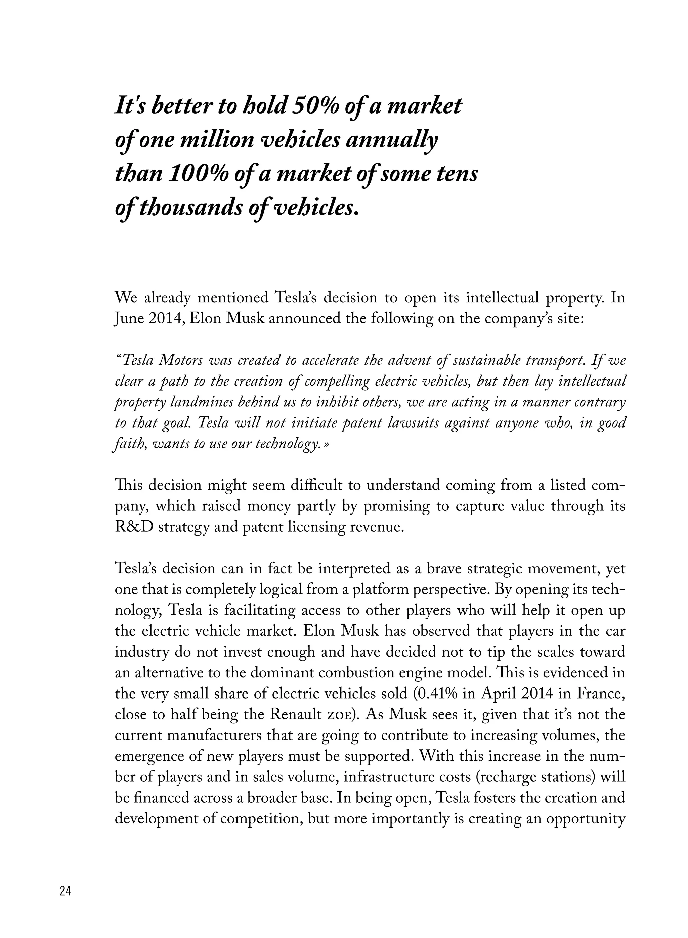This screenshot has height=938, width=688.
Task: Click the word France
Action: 601,694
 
